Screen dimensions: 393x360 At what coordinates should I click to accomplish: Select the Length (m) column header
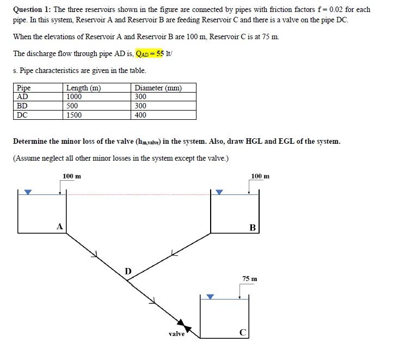coord(83,88)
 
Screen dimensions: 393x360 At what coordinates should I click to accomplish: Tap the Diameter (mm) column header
coord(158,88)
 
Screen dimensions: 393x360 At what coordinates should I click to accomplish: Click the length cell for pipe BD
coord(72,106)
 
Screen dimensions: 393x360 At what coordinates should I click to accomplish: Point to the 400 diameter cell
coord(140,115)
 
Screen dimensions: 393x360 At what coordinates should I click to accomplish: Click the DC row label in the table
coord(22,115)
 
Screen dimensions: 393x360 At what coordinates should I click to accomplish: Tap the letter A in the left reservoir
coord(60,226)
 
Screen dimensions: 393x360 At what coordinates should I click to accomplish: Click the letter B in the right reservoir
coord(253,227)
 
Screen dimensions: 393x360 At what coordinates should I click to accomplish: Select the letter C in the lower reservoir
coord(243,332)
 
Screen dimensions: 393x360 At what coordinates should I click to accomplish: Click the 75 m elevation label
coord(250,278)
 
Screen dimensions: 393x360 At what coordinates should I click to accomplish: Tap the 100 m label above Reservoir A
coord(72,176)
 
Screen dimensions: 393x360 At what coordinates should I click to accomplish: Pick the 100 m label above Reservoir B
coord(260,176)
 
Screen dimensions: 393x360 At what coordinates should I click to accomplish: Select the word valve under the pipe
coord(176,334)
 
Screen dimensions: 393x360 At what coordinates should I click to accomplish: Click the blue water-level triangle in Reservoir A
coord(28,192)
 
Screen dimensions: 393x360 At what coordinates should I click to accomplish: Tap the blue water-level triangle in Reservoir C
coord(211,297)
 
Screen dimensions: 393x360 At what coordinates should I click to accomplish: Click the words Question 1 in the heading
coord(30,9)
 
